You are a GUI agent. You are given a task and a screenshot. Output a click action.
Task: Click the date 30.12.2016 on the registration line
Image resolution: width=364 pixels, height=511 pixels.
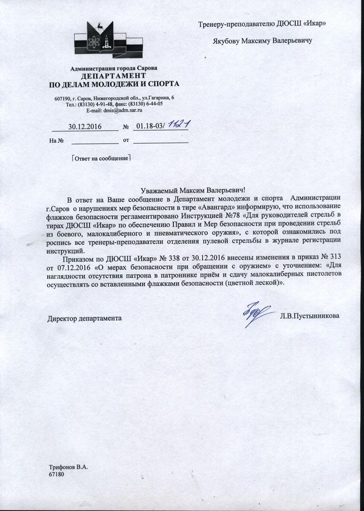tap(85, 126)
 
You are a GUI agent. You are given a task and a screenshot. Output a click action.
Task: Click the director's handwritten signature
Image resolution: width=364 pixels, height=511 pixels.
tap(250, 313)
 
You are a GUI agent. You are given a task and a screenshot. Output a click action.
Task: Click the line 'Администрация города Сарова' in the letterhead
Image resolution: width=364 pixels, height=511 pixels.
tap(114, 68)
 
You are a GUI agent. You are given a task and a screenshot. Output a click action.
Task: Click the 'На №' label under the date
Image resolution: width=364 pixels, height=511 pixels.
tap(55, 140)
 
